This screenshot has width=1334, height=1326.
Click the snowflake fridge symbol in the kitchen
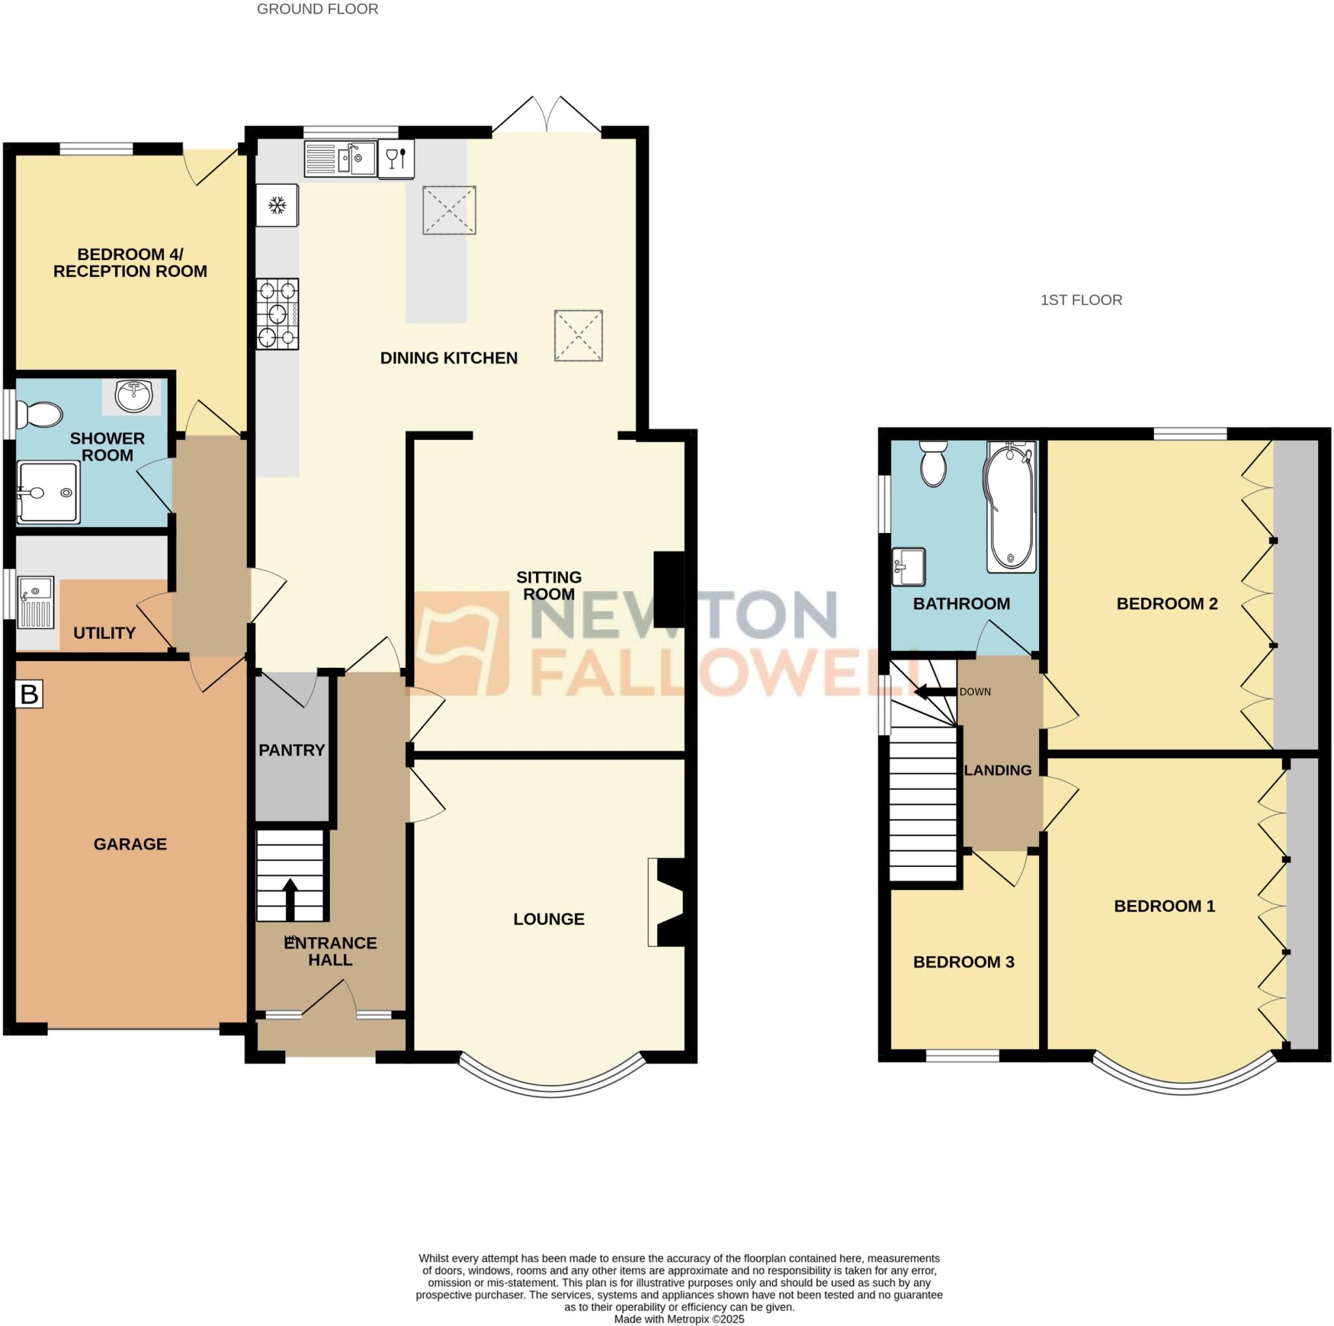277,205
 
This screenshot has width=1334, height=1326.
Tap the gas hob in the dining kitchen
277,314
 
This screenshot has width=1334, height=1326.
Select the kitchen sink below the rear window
341,159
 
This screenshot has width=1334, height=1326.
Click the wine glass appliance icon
396,159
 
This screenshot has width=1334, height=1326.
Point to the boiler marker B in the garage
29,694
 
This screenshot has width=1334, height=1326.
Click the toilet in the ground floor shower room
39,415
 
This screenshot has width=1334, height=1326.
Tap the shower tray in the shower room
48,492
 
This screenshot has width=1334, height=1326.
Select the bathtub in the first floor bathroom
1011,506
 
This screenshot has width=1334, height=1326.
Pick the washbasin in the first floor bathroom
908,566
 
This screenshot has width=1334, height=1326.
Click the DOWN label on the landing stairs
975,691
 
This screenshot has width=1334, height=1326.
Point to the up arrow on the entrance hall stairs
290,899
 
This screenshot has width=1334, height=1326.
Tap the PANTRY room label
291,750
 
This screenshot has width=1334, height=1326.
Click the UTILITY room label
104,633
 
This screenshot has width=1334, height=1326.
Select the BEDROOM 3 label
963,962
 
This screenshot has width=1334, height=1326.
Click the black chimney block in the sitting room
668,589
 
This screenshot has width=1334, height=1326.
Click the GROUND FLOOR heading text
318,9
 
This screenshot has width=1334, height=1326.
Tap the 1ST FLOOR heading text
1081,300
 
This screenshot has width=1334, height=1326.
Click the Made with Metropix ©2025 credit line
679,1318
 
